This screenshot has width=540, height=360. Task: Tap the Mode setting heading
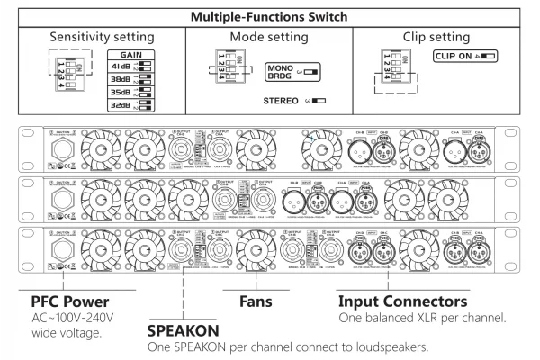click(x=268, y=39)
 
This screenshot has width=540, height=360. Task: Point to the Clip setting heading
click(x=431, y=39)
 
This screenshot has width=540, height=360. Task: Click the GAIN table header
click(x=133, y=54)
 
